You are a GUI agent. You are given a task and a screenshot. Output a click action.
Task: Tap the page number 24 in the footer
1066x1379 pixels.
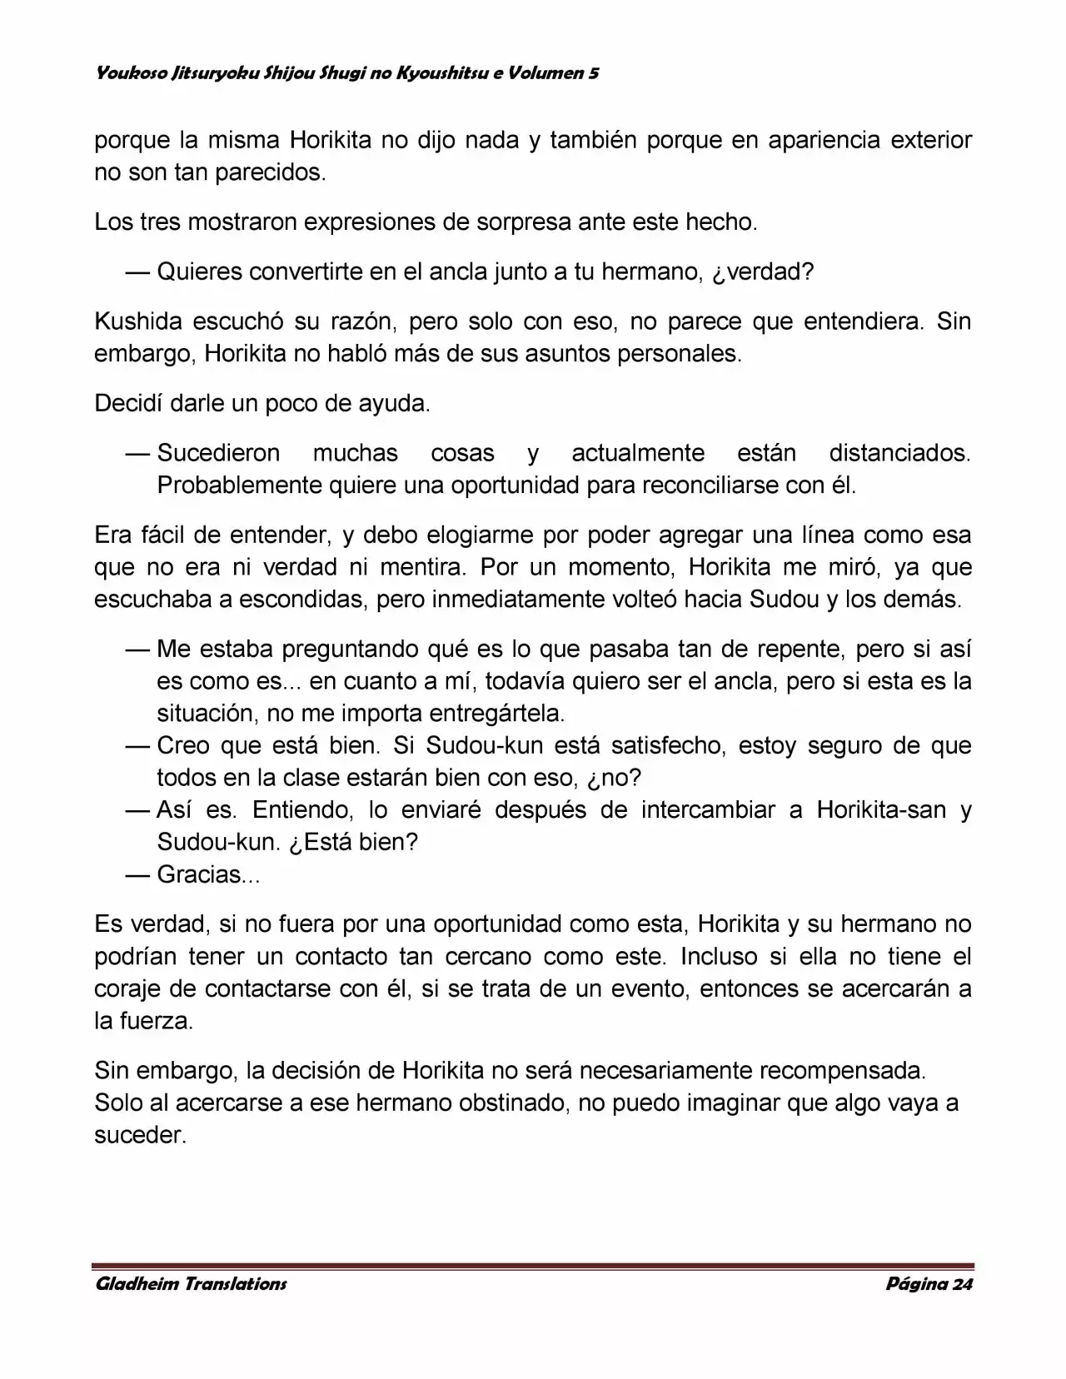coord(963,1284)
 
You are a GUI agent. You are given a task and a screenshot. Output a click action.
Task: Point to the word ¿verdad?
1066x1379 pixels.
coord(764,272)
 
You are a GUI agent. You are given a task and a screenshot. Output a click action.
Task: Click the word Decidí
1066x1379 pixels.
coord(128,404)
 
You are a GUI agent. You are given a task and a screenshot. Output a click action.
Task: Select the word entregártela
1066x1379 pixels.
coord(496,714)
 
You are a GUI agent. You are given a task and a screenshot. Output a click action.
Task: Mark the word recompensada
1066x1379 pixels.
coord(842,1070)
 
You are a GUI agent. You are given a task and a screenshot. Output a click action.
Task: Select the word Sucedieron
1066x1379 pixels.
coord(218,454)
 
